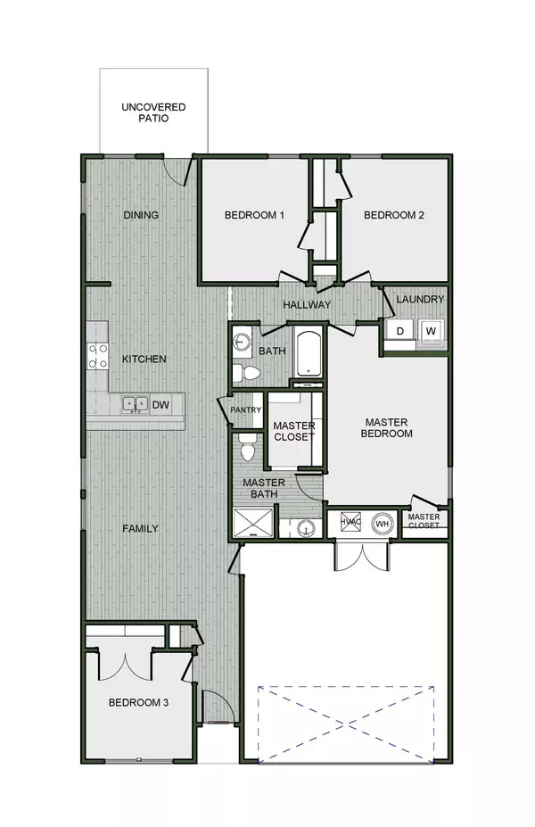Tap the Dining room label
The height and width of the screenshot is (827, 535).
141,215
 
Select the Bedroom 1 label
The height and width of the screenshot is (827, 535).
254,215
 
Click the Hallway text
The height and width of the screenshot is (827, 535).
307,305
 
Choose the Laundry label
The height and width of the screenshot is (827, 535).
420,300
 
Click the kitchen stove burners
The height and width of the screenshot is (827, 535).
96,356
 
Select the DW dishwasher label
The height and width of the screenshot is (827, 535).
160,405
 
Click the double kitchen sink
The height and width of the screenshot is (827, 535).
136,405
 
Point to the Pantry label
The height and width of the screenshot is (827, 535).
245,410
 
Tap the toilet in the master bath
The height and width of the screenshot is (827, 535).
249,450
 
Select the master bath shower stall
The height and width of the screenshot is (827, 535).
252,520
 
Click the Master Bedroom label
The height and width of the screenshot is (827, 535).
388,427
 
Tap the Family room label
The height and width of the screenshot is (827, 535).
140,528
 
